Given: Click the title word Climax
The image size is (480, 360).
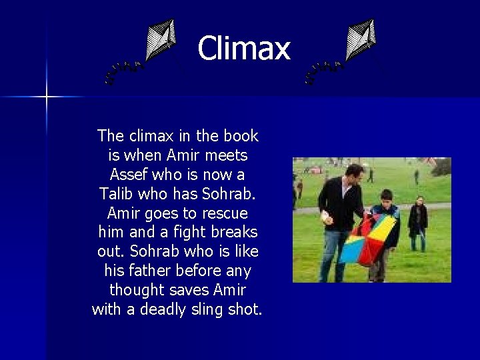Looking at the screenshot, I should [244, 49].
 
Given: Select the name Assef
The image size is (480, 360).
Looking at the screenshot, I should [129, 175].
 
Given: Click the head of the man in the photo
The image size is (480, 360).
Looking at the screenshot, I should [354, 174].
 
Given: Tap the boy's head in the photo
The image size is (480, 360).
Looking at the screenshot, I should [385, 198].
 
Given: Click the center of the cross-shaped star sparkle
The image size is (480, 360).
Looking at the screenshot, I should [47, 97].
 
